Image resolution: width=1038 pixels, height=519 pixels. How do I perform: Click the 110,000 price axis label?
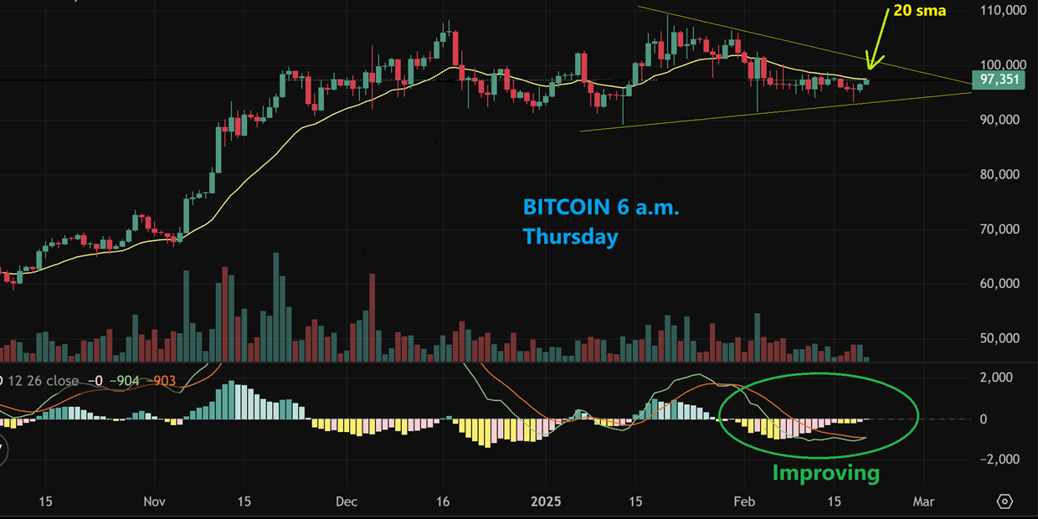(1004, 11)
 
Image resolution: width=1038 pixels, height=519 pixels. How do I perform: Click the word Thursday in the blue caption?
(570, 237)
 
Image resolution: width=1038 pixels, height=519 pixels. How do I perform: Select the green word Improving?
(825, 473)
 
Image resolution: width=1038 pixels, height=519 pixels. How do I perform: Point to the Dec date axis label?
(346, 501)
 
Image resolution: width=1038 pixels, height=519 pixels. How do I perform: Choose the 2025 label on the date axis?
(545, 501)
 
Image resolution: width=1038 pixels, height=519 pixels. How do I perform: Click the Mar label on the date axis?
(922, 501)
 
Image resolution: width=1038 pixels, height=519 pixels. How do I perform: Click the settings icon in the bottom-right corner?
(1005, 501)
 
